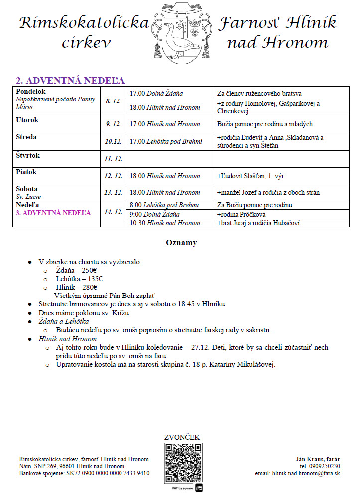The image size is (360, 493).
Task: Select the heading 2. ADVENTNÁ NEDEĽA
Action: click(70, 81)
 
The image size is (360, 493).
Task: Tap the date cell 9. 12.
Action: click(114, 124)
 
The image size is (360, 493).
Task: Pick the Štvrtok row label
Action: click(28, 156)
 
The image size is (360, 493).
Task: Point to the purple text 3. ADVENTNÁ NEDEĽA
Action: click(54, 213)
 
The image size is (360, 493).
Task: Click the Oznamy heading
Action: click(181, 243)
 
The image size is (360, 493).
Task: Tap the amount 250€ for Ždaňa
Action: click(89, 270)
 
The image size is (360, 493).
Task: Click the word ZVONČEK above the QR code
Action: click(182, 437)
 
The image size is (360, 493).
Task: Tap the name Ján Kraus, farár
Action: click(317, 459)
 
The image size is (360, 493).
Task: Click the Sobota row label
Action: click(27, 189)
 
